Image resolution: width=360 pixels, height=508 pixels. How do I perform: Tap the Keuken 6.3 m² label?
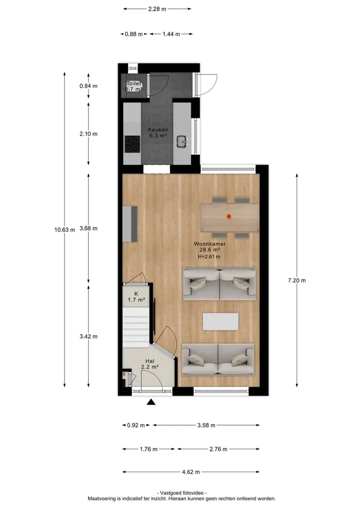(158, 133)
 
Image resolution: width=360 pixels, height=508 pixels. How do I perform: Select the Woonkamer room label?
(209, 244)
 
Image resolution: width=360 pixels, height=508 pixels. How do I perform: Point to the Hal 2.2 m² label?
(150, 364)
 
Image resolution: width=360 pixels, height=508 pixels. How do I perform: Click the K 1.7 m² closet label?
(136, 297)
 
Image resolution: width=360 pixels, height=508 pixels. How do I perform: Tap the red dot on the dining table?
(228, 216)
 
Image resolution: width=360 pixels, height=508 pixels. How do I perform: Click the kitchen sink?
(182, 141)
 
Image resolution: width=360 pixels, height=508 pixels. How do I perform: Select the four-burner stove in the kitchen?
(132, 144)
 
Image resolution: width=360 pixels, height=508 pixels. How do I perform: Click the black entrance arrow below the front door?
(151, 402)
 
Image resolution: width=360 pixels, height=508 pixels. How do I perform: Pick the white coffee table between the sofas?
(220, 321)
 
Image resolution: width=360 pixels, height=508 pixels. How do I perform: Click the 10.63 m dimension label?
(64, 230)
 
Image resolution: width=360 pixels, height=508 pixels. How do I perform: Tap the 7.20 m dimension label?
(297, 280)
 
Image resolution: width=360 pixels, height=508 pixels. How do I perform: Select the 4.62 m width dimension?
(190, 472)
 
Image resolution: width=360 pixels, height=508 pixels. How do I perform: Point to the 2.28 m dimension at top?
(157, 9)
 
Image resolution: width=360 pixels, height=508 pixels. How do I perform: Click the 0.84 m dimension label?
(88, 86)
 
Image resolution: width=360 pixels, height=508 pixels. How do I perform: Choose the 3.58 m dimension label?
(206, 425)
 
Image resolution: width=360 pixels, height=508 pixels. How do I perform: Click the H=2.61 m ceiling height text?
(209, 257)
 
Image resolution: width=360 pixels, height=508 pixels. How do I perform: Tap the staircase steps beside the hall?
(136, 327)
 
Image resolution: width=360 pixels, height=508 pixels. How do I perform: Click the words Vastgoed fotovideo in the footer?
(181, 493)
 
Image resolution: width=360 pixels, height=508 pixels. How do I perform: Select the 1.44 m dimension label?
(171, 34)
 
